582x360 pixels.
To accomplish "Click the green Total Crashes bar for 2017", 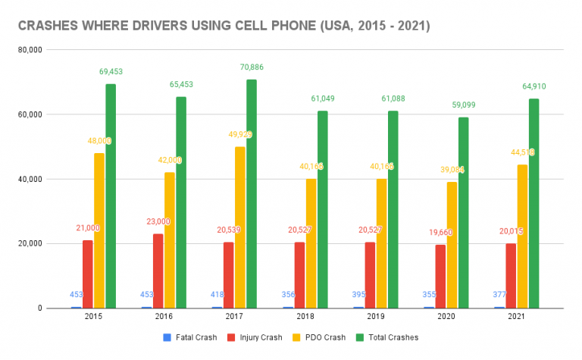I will pos(252,194).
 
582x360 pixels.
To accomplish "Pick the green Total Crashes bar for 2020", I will pos(463,213).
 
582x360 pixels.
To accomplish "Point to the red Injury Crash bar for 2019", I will pos(370,275).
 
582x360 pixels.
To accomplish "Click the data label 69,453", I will pos(111,72).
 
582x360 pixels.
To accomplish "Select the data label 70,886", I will pos(252,67).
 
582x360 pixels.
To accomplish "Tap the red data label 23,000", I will pos(158,221).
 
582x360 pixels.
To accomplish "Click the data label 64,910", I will pos(533,86).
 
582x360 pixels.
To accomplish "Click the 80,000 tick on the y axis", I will pos(29,50).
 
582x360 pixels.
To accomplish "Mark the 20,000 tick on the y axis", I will pos(29,244).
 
